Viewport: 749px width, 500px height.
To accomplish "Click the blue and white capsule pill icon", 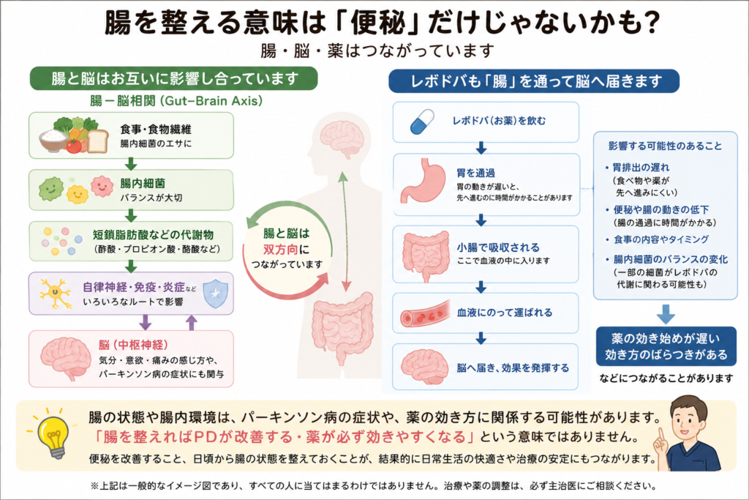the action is coord(422,122).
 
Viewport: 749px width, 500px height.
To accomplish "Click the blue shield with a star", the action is coord(216,294).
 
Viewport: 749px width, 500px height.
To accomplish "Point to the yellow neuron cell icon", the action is coord(56,293).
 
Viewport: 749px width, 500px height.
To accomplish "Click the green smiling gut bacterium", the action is coord(51,188).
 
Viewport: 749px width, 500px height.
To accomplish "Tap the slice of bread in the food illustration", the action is coord(97,141).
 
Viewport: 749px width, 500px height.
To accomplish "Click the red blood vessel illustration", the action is coord(425,313).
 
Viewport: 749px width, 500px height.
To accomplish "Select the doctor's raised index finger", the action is coord(661,436).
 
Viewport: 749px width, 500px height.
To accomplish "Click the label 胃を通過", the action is coord(475,173).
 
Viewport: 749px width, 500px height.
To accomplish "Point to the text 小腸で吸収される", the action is coord(498,247).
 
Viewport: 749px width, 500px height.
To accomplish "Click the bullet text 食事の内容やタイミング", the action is coord(661,239).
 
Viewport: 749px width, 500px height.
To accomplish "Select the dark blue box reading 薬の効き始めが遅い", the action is coord(666,346).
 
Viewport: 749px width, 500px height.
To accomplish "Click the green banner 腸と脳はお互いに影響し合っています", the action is coord(174,78).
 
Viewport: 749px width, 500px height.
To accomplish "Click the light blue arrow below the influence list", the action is coord(666,314).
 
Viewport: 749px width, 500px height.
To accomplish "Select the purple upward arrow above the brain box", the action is coord(191,323).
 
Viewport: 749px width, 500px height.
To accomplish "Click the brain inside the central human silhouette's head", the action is coord(342,138).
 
